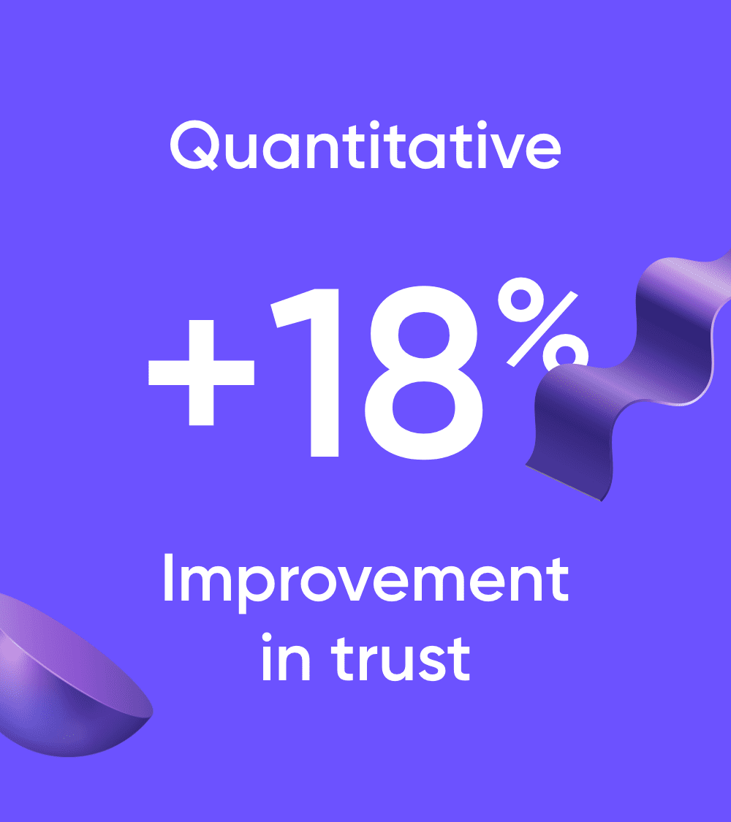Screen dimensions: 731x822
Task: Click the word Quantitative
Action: coord(365,145)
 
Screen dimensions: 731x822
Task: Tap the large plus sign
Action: coord(201,373)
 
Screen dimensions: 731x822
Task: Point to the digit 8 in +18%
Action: coord(424,373)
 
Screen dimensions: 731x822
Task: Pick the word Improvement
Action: coord(366,582)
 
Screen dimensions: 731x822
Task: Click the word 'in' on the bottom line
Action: coord(287,657)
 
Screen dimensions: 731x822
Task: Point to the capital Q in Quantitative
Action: coord(194,145)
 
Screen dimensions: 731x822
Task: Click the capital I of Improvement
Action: coord(168,577)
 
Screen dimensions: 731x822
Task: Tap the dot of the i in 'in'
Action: coord(266,637)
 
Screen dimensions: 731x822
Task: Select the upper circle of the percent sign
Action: coord(520,300)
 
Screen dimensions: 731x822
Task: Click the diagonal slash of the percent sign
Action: coord(542,329)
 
